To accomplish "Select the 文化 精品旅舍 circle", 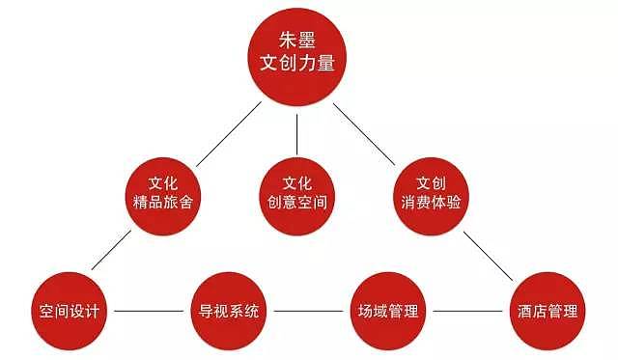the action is click(168, 192).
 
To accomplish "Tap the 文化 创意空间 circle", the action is click(296, 192).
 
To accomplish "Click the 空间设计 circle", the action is click(69, 312).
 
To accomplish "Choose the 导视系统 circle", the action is click(229, 312).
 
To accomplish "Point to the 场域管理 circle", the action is click(386, 312).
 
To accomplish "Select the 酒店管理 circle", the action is click(547, 312).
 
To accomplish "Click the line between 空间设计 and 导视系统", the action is click(149, 312).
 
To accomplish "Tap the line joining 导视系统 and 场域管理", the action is click(307, 312).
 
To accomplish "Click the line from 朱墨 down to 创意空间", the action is click(296, 129).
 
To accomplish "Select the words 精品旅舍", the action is click(168, 203).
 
